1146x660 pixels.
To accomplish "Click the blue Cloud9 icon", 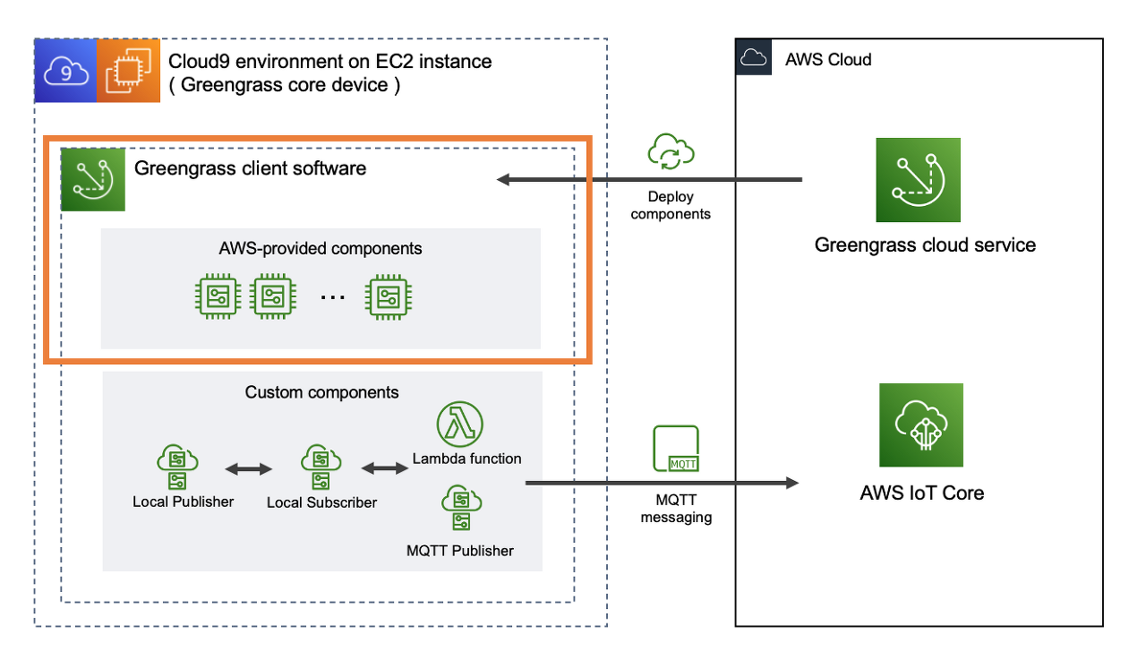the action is (x=65, y=71).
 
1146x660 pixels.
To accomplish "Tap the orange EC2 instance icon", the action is (x=128, y=71).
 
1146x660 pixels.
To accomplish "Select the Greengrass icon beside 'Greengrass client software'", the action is (x=93, y=180).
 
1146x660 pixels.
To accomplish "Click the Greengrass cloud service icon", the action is (x=918, y=180).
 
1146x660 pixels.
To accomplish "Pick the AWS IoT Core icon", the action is (x=921, y=425).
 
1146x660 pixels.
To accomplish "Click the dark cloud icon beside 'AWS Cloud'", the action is (x=754, y=56).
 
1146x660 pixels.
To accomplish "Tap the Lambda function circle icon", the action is (x=459, y=424).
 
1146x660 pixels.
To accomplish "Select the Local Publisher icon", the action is (x=177, y=467).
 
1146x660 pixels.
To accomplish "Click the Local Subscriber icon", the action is (x=321, y=467).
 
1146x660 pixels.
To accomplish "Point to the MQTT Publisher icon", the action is (x=461, y=508).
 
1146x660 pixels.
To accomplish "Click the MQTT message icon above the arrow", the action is (x=676, y=449).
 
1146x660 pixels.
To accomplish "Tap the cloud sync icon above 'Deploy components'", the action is (x=671, y=151).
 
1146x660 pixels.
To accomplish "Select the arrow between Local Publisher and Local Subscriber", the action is (x=249, y=468).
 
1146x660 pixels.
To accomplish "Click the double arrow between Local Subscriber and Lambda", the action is (x=385, y=467).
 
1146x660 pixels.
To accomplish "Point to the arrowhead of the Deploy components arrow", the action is (x=503, y=180).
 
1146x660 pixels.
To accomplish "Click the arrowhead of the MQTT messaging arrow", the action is (x=792, y=483).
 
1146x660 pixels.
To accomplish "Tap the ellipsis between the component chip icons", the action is (x=332, y=296).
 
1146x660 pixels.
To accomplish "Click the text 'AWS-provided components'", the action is (x=321, y=248).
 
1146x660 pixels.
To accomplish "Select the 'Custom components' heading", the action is (x=321, y=392).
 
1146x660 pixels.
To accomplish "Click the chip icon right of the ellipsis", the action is (x=389, y=296).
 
